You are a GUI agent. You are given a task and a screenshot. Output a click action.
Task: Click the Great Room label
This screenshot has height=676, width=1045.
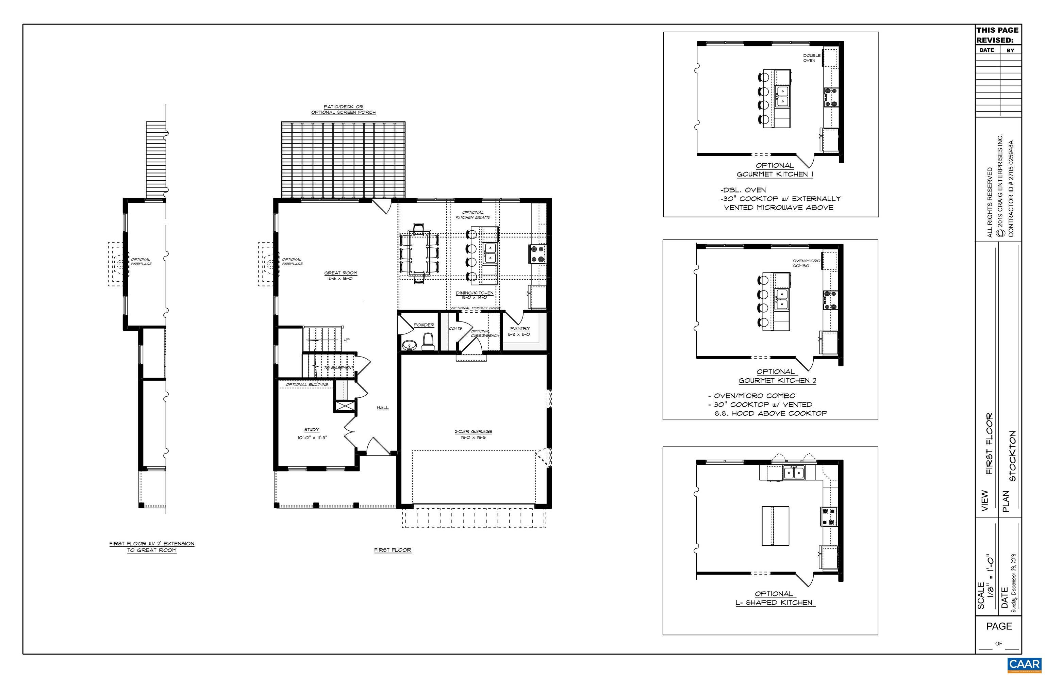coord(341,273)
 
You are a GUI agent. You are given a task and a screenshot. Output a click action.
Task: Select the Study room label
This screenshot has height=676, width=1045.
coord(312,430)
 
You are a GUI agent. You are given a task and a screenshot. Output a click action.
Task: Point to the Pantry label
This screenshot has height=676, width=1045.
coord(520,328)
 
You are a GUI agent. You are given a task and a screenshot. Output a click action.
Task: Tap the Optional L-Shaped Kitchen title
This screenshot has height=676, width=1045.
coord(775,598)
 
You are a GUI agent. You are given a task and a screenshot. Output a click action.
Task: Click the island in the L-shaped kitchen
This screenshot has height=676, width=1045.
coord(775,525)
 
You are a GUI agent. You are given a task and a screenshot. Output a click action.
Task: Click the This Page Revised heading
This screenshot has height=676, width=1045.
coord(997,35)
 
